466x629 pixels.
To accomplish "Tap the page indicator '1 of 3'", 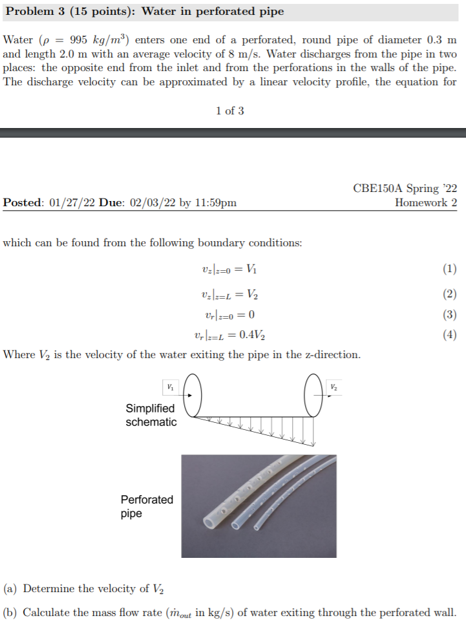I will click(230, 111).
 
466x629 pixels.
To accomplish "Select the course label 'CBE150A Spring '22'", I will click(405, 189).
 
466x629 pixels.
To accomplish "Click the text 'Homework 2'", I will click(426, 202).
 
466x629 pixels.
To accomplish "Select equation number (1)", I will click(450, 268).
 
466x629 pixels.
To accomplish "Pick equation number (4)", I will click(450, 335).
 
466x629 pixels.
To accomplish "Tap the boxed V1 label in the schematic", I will click(170, 387).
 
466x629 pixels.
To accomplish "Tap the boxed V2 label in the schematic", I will click(334, 387).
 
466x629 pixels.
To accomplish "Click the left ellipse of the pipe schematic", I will click(195, 394).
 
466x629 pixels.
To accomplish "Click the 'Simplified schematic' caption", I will click(151, 415).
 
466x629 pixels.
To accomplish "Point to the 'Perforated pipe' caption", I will click(147, 507).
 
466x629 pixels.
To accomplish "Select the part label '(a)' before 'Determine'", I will click(11, 589).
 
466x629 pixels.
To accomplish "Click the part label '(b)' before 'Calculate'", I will click(11, 613).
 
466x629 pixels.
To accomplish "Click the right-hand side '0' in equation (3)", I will click(251, 315).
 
